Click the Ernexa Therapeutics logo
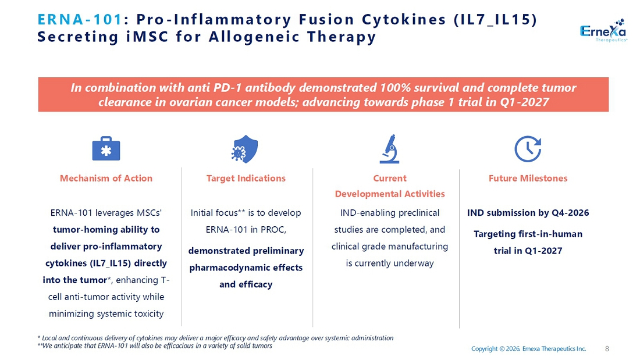point(603,30)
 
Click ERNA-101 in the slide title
point(80,19)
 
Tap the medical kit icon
point(106,148)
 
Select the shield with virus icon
point(245,149)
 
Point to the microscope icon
point(390,149)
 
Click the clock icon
point(528,149)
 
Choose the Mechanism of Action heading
point(106,179)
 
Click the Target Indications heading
point(246,179)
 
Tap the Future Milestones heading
point(528,179)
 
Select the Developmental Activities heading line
point(390,194)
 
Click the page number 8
point(607,348)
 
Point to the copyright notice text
point(528,348)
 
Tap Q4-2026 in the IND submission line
point(570,213)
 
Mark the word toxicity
point(145,314)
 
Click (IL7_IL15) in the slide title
point(495,20)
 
